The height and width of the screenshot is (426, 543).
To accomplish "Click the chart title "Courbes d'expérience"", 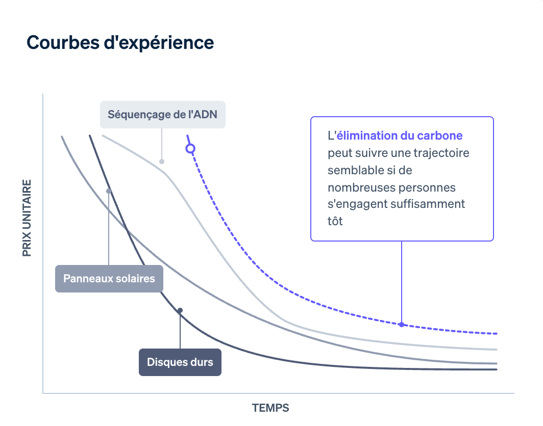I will click(x=120, y=43).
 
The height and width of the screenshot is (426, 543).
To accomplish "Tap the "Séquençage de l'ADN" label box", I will click(x=162, y=114).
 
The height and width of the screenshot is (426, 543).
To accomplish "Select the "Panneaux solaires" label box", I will click(x=109, y=279).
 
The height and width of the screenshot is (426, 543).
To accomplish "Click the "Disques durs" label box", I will click(x=180, y=362).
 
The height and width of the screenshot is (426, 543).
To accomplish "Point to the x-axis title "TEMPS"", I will click(x=270, y=408).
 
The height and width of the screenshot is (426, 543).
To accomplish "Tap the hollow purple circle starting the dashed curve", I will click(x=190, y=149).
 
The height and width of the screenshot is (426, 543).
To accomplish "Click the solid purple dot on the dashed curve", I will click(x=402, y=325).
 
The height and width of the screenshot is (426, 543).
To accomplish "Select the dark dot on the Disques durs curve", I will click(x=180, y=310).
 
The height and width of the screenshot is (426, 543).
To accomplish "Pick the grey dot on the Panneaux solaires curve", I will click(x=109, y=191).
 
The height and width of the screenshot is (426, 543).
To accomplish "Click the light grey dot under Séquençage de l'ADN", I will click(x=162, y=162).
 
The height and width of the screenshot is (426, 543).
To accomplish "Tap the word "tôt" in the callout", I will click(x=335, y=221).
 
